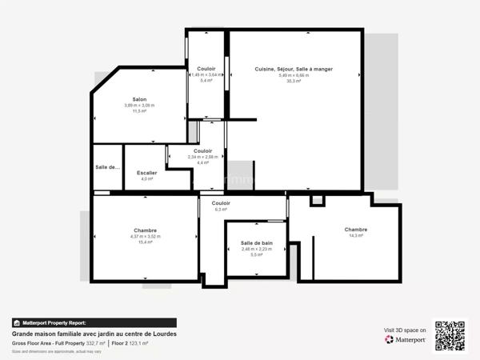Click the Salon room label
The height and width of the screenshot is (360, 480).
click(x=139, y=99)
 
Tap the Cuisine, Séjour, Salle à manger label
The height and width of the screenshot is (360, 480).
click(x=294, y=69)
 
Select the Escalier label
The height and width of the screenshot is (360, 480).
click(x=146, y=173)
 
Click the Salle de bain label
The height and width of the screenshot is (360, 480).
click(x=257, y=242)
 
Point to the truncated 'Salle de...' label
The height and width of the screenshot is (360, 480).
click(x=107, y=167)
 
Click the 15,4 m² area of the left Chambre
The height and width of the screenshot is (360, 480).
click(x=145, y=242)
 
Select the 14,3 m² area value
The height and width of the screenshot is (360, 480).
click(x=356, y=235)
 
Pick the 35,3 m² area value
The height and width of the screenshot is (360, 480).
click(x=294, y=81)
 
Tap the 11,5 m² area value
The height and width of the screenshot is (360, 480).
click(x=139, y=111)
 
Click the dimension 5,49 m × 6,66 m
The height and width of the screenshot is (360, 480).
click(x=294, y=75)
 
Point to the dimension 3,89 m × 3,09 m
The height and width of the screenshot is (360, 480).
click(x=139, y=106)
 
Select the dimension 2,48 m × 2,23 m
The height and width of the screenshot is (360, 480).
click(x=257, y=249)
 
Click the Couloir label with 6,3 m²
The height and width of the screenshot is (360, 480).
click(x=221, y=203)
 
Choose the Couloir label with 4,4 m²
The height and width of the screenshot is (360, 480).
click(x=202, y=150)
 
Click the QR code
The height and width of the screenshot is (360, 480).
click(x=450, y=335)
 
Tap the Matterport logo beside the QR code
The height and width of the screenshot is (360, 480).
click(x=405, y=339)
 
